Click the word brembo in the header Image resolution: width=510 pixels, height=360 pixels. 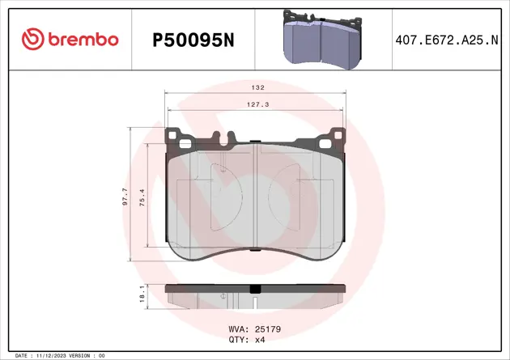pyautogui.click(x=83, y=39)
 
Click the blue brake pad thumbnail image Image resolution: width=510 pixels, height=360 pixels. pyautogui.click(x=322, y=38)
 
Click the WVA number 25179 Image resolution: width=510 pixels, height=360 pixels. pyautogui.click(x=267, y=329)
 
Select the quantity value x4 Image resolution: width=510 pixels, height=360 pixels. pyautogui.click(x=261, y=341)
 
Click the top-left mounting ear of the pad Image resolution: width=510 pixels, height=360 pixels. pyautogui.click(x=177, y=139)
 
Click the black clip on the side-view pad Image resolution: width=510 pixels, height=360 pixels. pyautogui.click(x=255, y=288)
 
